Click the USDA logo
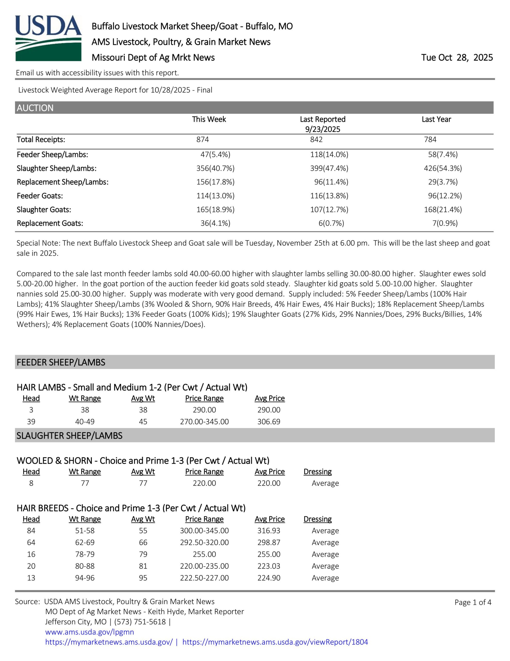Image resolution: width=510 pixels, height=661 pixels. coord(48,38)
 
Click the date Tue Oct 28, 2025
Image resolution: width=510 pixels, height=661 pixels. coord(457,58)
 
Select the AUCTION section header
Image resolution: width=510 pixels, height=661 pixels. coord(35,108)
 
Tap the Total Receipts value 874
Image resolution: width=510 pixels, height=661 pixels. coord(203,139)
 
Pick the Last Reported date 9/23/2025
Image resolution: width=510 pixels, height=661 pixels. coord(323,129)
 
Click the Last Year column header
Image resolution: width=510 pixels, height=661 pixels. coord(436,119)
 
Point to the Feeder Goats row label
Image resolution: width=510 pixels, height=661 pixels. coord(40,196)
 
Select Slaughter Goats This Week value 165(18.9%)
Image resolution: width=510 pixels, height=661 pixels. coord(215,209)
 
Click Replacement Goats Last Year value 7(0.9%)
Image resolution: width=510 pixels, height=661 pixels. coord(445,223)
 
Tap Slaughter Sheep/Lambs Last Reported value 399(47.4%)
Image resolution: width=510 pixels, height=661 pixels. coord(329,168)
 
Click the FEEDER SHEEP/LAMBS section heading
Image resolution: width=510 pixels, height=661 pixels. coord(61,362)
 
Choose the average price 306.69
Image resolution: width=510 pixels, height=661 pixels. coord(269,422)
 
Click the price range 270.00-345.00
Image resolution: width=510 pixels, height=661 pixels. coord(204,422)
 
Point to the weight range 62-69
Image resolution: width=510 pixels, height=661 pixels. coord(85,542)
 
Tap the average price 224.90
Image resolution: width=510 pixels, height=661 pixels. coord(269,578)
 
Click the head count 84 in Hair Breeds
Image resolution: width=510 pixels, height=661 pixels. coord(31,531)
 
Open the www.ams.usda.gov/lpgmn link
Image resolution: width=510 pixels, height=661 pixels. coord(89,632)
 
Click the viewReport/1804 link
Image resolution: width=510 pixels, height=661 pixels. coord(275,642)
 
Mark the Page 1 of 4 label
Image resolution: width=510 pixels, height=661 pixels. coord(473,602)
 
